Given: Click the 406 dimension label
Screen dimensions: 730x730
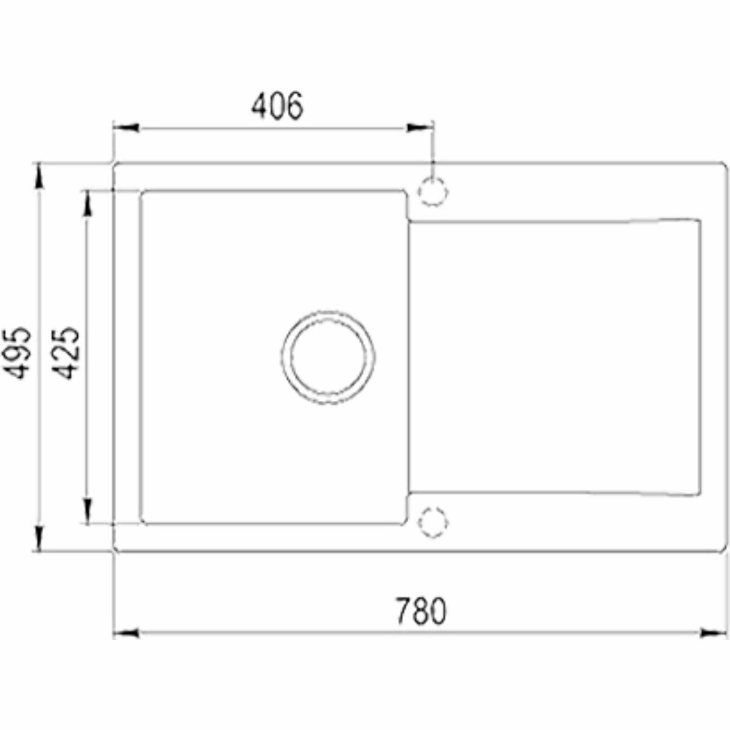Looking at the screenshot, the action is coord(277,106).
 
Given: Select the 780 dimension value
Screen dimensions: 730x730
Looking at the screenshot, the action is coord(421,611).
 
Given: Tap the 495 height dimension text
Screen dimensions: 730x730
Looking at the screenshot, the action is coord(18,353).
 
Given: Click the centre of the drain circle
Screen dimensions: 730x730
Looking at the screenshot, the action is coord(328,357).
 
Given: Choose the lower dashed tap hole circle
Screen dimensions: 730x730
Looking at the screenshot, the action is coord(433,522).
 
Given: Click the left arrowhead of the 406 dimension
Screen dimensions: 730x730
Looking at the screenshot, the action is coord(126,128).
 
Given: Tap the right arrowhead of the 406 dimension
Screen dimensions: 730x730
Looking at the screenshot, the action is coord(420,128).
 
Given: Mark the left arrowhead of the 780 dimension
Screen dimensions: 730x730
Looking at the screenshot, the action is coord(126,633).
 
